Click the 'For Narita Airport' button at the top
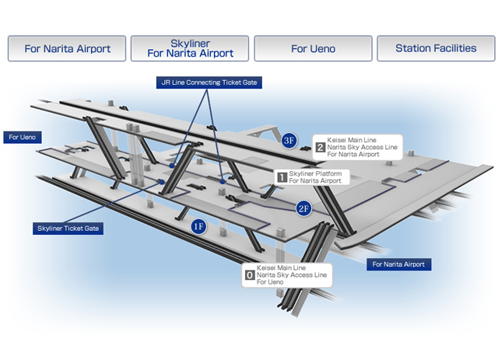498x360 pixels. click(x=67, y=48)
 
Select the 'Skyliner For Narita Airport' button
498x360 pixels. click(x=190, y=48)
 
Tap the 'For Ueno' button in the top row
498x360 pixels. click(x=313, y=48)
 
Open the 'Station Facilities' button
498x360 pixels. click(x=436, y=48)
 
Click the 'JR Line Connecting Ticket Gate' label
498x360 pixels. click(x=209, y=82)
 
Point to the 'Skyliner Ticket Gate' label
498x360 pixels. click(x=68, y=229)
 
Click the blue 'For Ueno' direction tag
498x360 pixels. click(x=23, y=138)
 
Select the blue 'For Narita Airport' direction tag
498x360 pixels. click(x=398, y=264)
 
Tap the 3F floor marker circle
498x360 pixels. click(x=289, y=140)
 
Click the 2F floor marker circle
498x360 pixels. click(x=303, y=208)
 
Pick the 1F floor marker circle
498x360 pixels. click(x=198, y=226)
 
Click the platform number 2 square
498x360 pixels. click(x=320, y=147)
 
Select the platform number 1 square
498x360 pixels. click(x=282, y=177)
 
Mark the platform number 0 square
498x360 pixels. click(x=250, y=275)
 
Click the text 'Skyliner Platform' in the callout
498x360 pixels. click(x=315, y=173)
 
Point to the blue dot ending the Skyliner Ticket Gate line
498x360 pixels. click(x=162, y=182)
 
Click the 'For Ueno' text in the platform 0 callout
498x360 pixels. click(x=270, y=282)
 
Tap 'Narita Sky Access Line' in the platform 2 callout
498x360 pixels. click(x=362, y=147)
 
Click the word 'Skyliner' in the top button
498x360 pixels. click(x=190, y=44)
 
